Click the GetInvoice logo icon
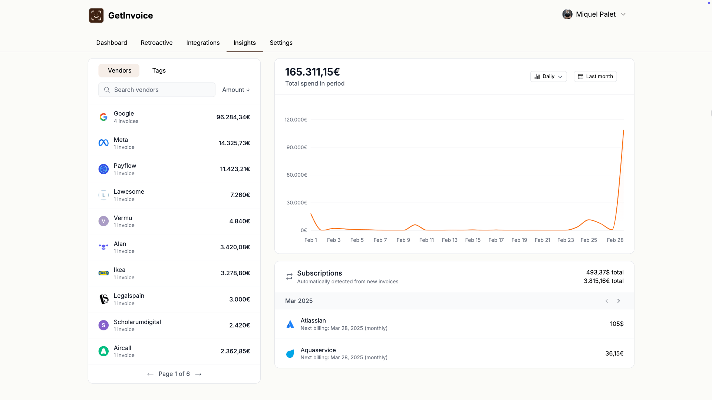click(96, 16)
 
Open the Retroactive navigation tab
click(156, 43)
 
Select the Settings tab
click(281, 43)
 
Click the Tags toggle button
click(159, 70)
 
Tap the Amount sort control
click(236, 90)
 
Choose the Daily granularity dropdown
click(548, 76)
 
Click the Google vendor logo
click(103, 117)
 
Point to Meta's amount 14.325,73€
click(234, 143)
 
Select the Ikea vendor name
click(119, 270)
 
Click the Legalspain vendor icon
click(103, 299)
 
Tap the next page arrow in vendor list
click(198, 374)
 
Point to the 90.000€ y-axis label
click(297, 147)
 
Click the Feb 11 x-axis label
click(426, 240)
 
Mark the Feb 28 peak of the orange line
click(623, 130)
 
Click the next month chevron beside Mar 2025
click(619, 301)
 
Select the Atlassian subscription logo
click(290, 324)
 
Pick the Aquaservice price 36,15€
click(614, 353)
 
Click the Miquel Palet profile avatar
click(567, 14)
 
